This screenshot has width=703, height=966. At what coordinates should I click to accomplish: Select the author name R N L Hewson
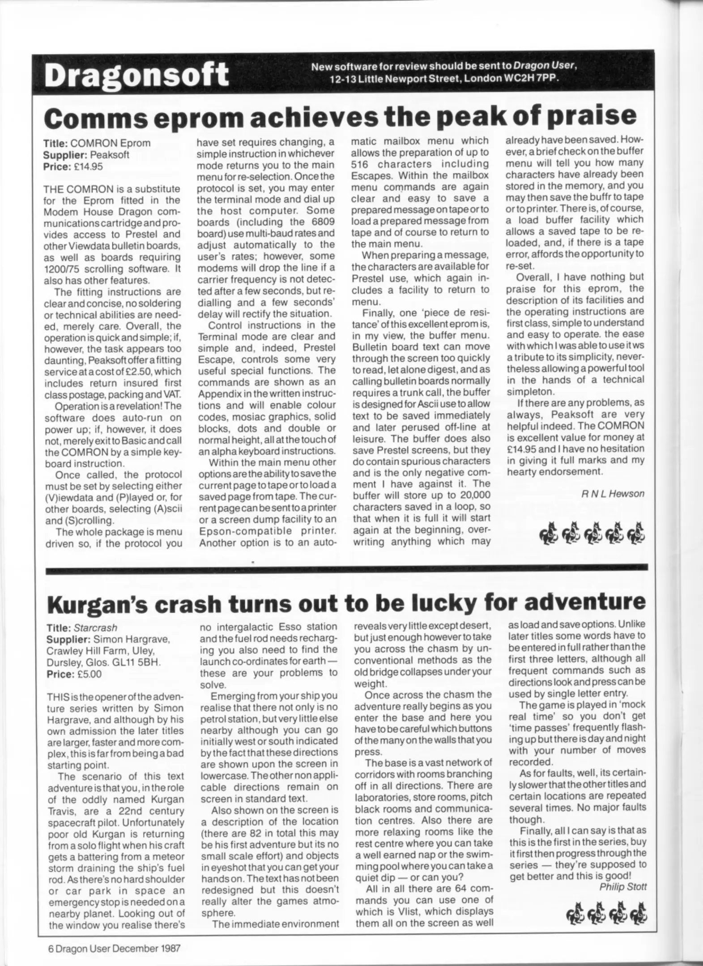[613, 494]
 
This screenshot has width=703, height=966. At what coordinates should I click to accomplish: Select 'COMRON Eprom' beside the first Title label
[111, 144]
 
